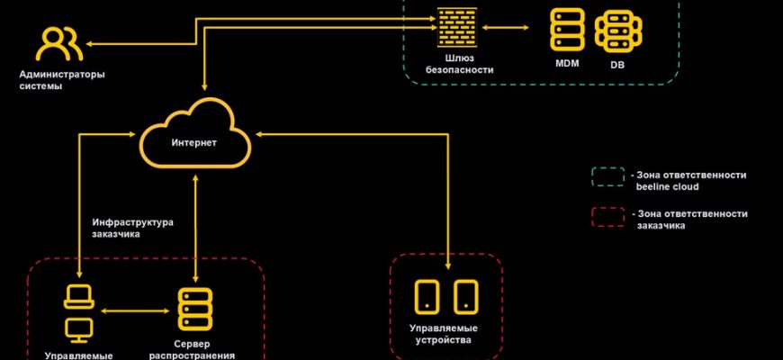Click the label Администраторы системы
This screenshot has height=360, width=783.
[62, 81]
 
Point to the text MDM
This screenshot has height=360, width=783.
[567, 65]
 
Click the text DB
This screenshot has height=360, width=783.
[617, 65]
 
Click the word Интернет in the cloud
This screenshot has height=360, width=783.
[193, 143]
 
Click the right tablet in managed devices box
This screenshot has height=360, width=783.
[464, 296]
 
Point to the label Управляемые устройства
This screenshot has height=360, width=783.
[445, 334]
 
